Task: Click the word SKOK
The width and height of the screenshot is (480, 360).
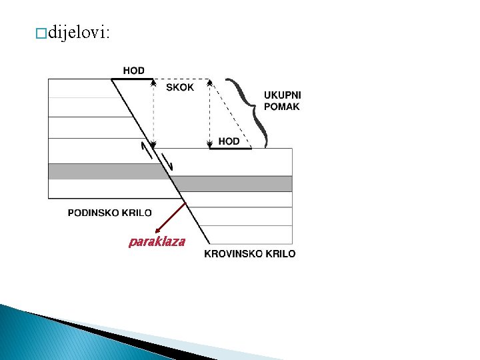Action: click(x=180, y=88)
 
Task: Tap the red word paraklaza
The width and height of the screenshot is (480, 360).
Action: click(x=157, y=241)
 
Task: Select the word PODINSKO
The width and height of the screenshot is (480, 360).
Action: click(x=93, y=213)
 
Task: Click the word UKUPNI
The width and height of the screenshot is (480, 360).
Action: click(x=282, y=95)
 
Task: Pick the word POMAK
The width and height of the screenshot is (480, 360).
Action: click(x=282, y=107)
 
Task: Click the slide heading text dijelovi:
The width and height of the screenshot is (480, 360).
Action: click(x=79, y=34)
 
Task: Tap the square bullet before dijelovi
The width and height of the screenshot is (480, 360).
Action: click(x=43, y=35)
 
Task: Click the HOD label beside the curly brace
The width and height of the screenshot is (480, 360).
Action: click(x=229, y=141)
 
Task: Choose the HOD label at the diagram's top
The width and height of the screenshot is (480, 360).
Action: click(x=133, y=71)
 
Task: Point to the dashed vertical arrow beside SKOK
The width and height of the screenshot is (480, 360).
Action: click(x=154, y=113)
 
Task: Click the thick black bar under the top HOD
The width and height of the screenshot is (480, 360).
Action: click(x=131, y=79)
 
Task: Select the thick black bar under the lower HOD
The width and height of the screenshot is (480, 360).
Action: click(x=230, y=148)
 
